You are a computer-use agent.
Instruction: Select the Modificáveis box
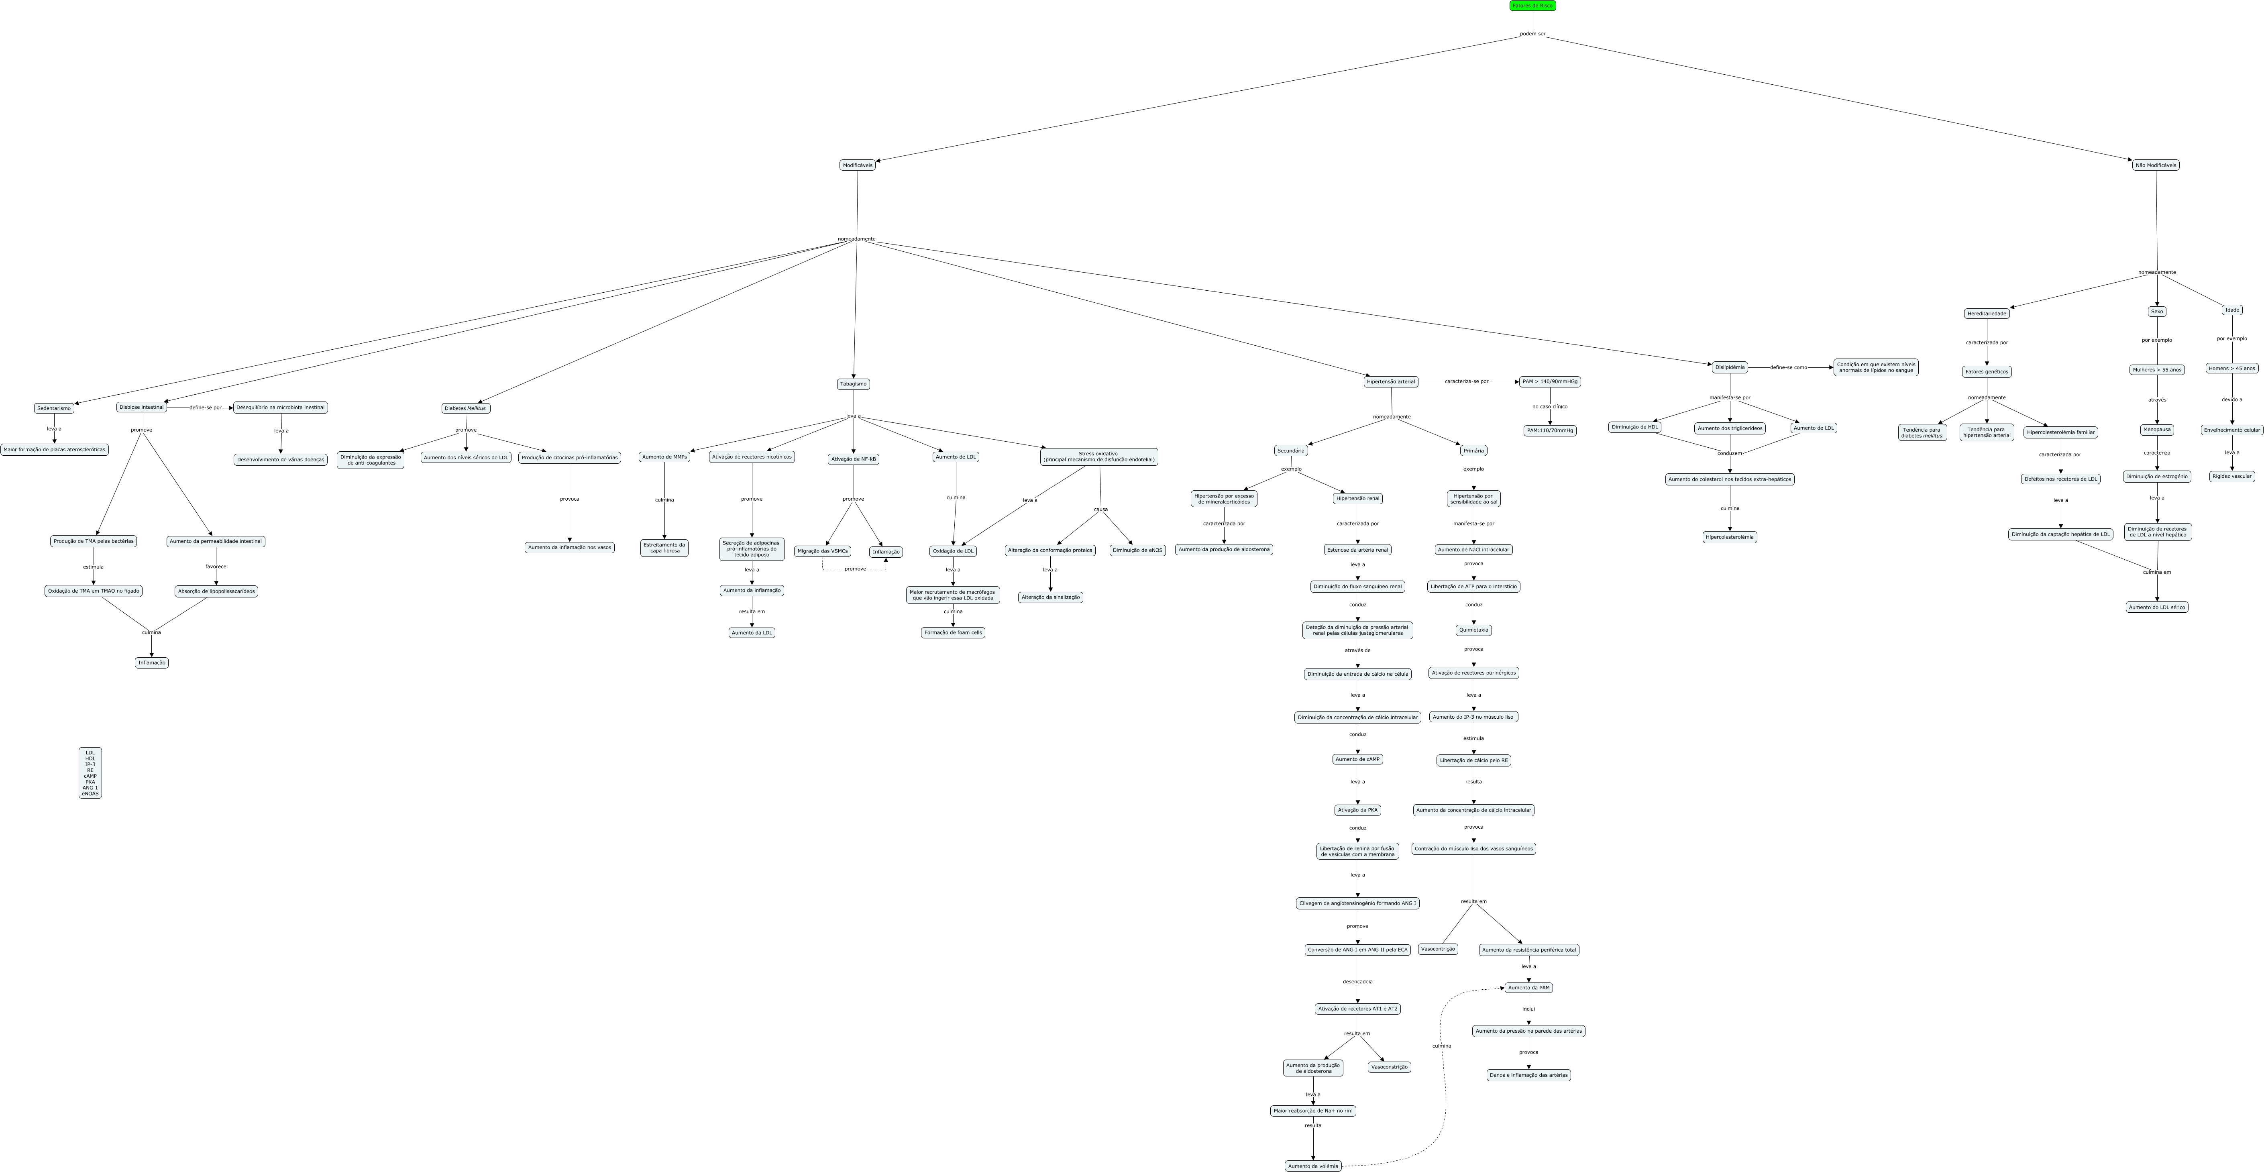point(857,165)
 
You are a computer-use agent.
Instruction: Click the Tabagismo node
point(852,384)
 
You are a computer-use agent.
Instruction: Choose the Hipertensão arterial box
point(1390,381)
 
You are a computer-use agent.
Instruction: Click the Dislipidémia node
point(1730,367)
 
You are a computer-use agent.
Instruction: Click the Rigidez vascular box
point(2231,477)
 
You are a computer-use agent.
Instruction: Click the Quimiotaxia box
point(1473,630)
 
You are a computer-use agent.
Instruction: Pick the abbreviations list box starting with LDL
point(90,773)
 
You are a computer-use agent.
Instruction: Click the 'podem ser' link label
point(1533,34)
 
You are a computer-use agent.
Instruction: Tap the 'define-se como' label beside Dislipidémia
point(1788,367)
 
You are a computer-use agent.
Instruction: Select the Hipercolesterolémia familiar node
point(2060,432)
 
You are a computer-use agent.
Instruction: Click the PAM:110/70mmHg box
point(1549,431)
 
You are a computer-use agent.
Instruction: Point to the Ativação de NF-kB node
point(852,459)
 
